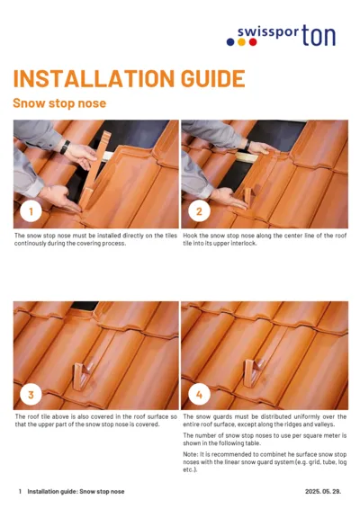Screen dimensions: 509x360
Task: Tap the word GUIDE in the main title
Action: coord(207,78)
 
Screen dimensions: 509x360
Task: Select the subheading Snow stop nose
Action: coord(59,103)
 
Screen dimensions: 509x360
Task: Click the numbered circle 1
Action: coord(31,212)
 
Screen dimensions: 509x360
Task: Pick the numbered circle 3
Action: coord(31,393)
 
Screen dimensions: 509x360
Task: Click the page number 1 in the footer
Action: coord(20,492)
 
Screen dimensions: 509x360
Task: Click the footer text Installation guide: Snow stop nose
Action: coord(76,492)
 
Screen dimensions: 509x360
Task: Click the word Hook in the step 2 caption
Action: coord(191,235)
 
